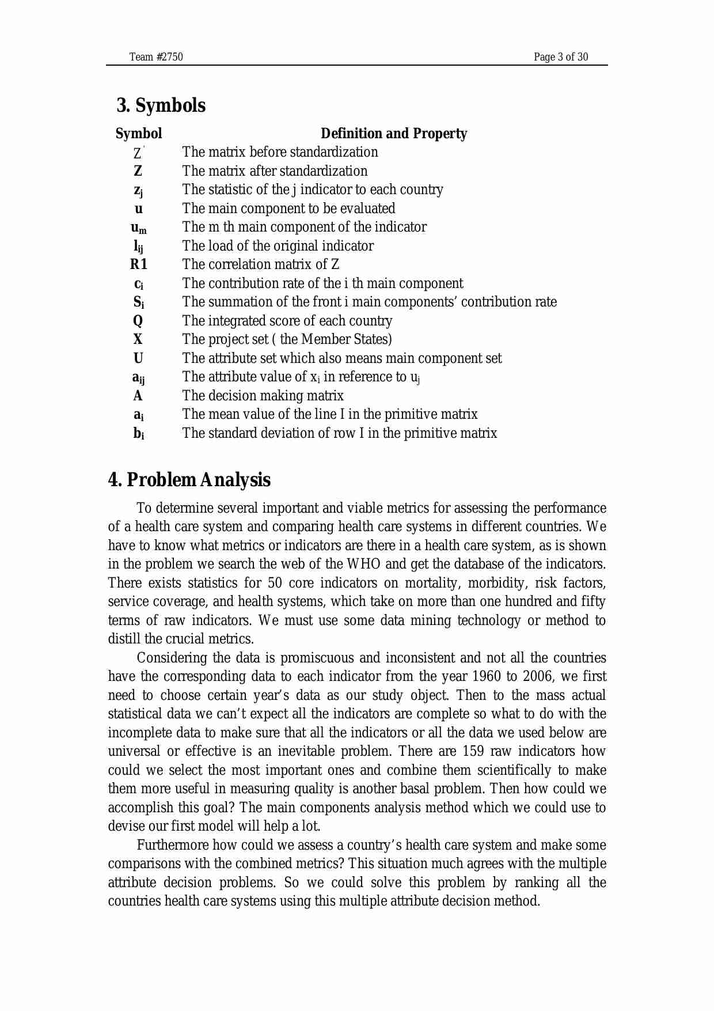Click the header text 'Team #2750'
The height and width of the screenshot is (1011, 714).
tap(156, 56)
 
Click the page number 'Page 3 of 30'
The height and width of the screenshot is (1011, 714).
tap(560, 56)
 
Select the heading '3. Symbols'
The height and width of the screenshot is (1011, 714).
tap(161, 105)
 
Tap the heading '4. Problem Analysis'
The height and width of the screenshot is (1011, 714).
tap(189, 480)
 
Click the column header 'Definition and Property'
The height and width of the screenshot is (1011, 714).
tap(393, 134)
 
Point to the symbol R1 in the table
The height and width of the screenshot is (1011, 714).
tap(139, 264)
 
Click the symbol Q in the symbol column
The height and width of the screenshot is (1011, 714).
tap(138, 321)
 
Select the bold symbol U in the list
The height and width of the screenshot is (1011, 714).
tap(138, 358)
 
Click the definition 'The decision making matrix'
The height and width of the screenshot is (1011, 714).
tap(263, 396)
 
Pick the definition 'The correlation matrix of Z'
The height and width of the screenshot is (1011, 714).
tap(260, 264)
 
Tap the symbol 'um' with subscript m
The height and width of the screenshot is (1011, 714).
tap(138, 228)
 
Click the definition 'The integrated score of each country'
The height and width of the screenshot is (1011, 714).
tap(287, 321)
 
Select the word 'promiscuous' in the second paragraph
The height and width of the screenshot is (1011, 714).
tap(320, 658)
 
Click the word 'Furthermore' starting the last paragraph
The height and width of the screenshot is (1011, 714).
tap(173, 845)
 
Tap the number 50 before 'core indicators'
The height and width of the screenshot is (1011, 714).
tap(275, 583)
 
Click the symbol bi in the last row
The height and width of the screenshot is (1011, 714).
tap(139, 434)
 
